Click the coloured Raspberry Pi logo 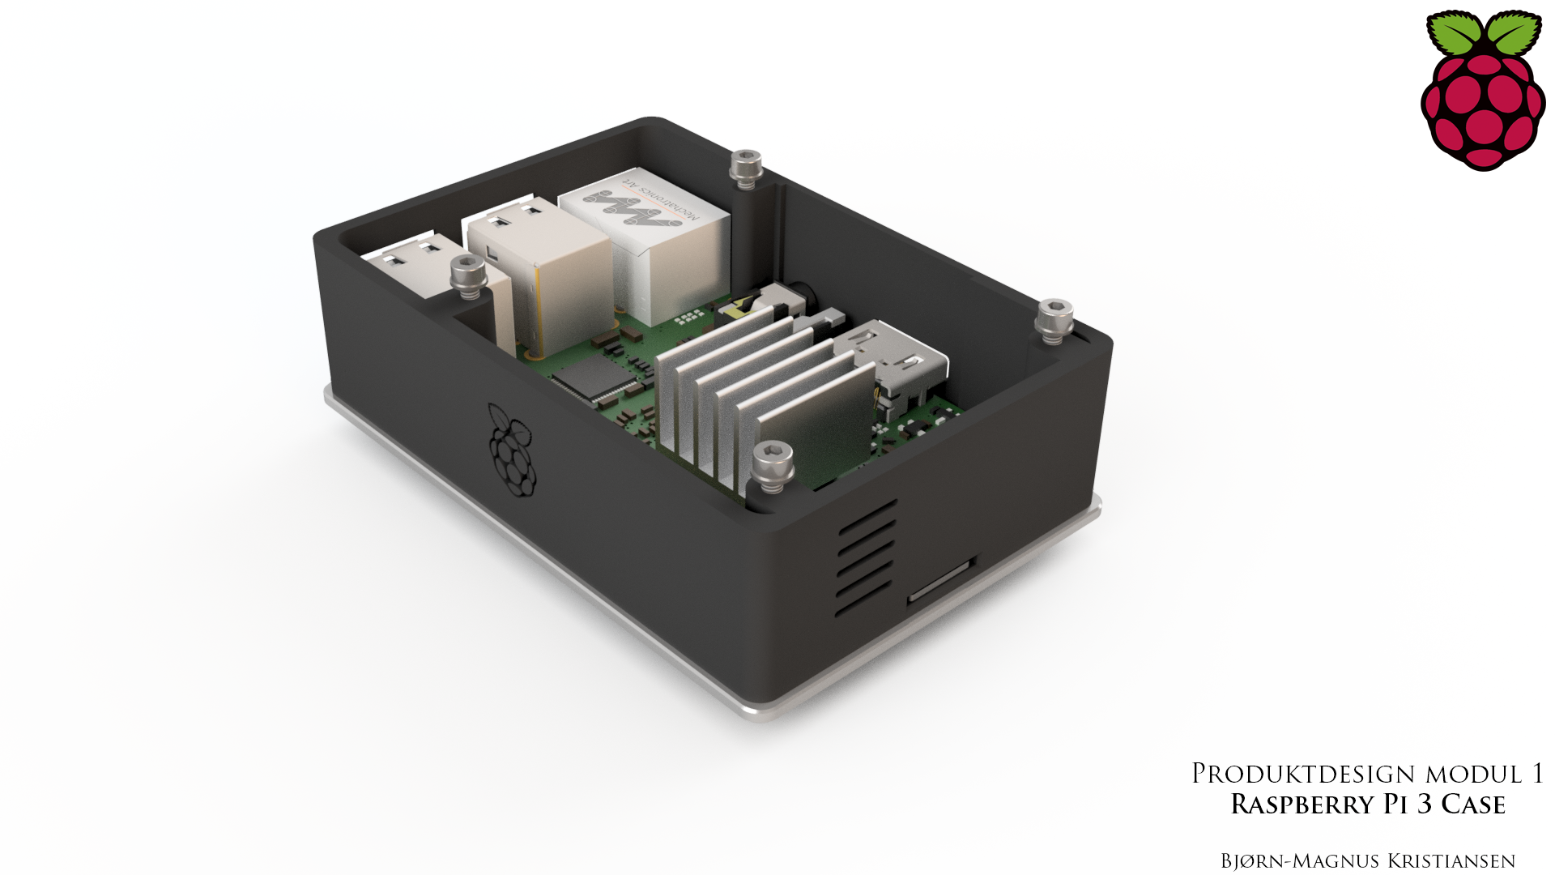coord(1483,91)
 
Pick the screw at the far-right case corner coord(1054,320)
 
